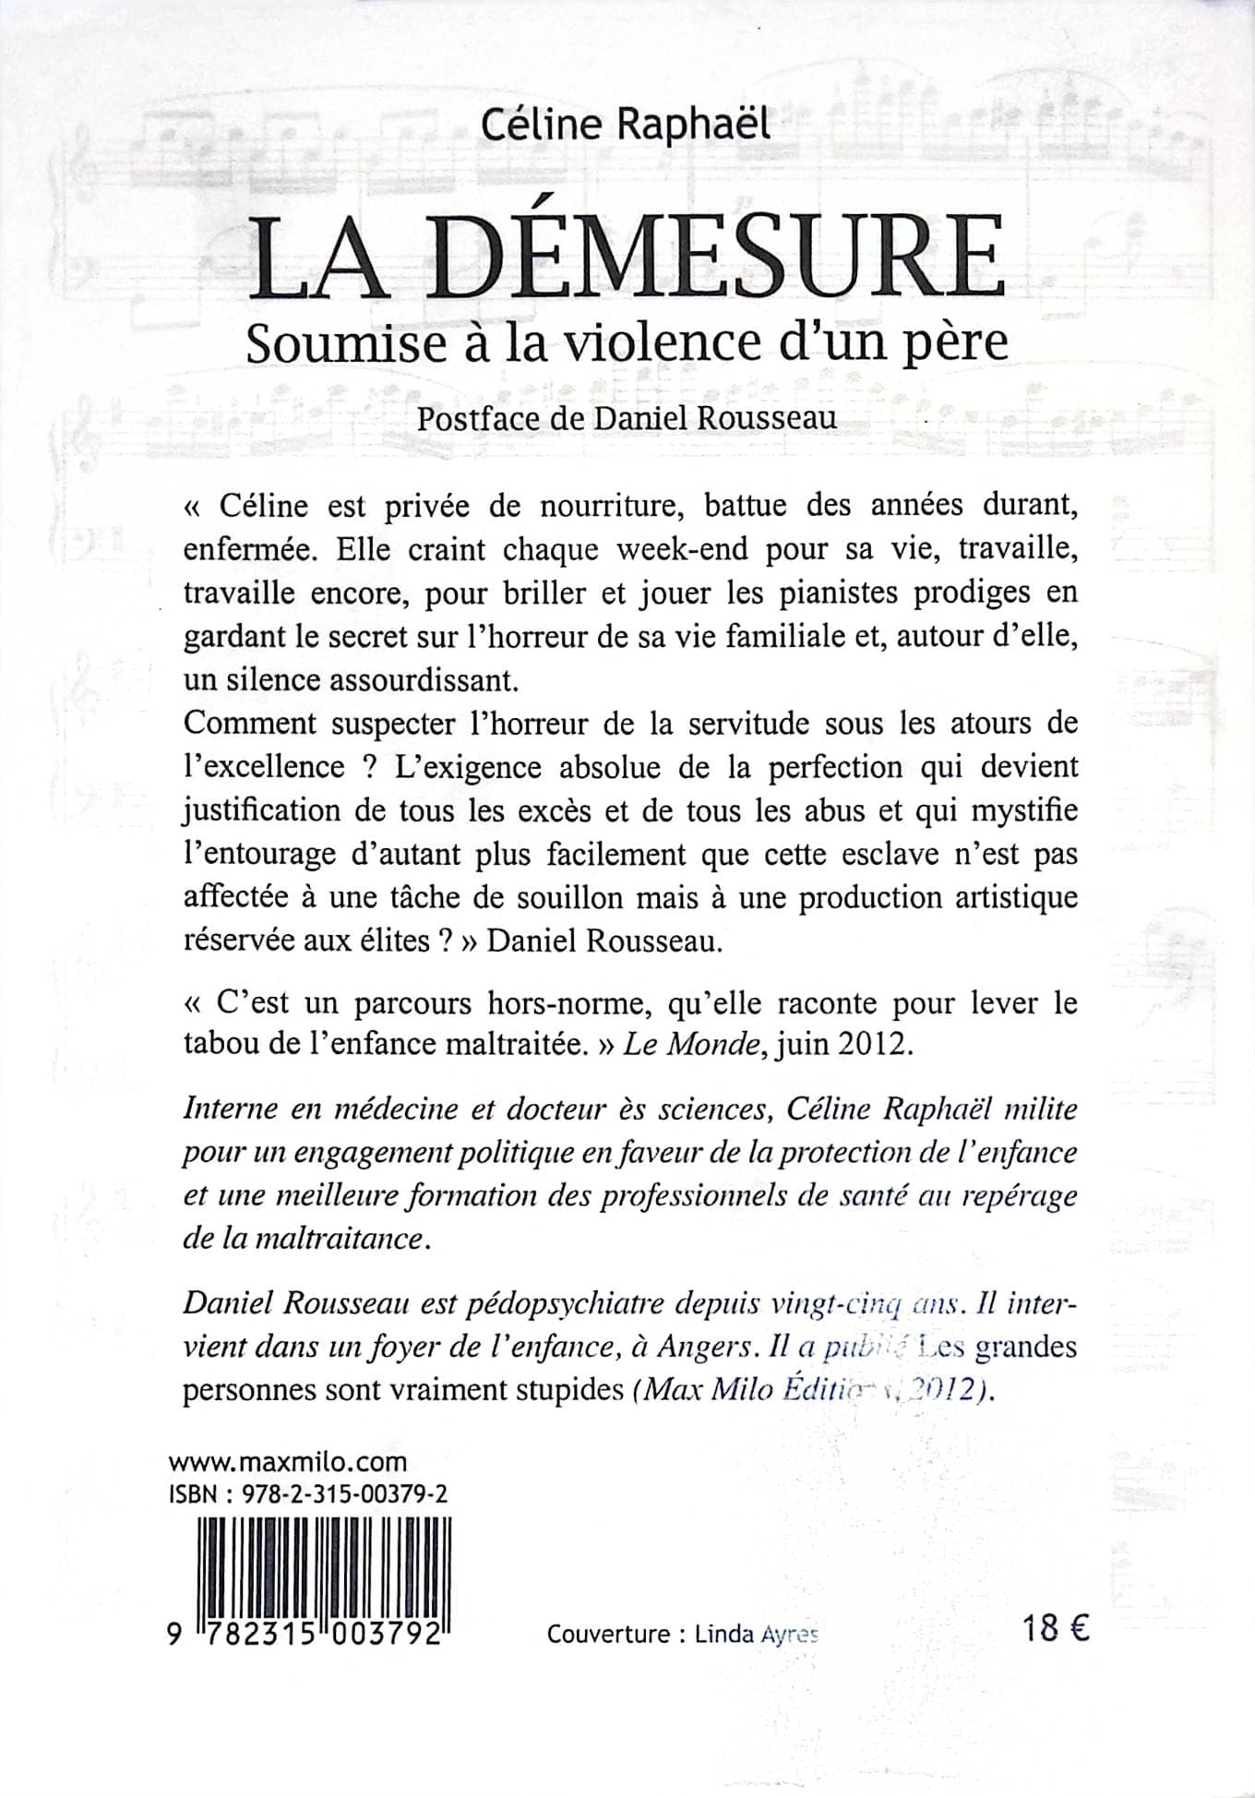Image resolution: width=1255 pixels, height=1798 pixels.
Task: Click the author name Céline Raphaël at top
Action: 626,123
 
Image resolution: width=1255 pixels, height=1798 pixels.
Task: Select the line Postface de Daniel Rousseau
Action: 627,417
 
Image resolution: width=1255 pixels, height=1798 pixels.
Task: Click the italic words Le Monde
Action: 663,1043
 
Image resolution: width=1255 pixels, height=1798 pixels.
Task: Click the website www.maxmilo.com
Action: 288,1462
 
